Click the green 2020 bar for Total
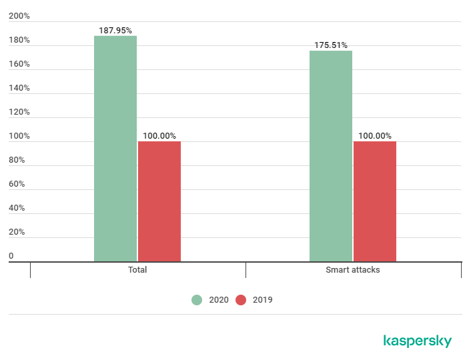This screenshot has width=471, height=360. click(x=115, y=148)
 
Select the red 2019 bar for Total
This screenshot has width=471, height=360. click(x=159, y=201)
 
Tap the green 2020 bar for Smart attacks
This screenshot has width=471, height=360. click(x=331, y=156)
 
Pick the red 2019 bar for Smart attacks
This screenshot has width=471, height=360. click(x=375, y=201)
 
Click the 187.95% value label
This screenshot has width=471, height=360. click(x=115, y=30)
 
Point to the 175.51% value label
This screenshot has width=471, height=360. click(x=331, y=45)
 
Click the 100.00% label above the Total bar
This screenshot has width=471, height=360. click(x=159, y=136)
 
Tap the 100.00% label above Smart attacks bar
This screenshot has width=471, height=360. click(x=375, y=136)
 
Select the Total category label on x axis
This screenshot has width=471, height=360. click(x=137, y=270)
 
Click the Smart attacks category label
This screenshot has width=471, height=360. click(x=353, y=270)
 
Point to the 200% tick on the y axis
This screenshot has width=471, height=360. click(x=19, y=16)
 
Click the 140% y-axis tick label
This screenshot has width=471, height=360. click(x=19, y=88)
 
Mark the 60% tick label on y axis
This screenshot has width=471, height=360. click(x=17, y=184)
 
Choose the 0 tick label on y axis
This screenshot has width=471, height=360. click(x=11, y=256)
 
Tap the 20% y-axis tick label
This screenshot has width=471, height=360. click(x=17, y=232)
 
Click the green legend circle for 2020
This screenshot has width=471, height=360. click(x=197, y=300)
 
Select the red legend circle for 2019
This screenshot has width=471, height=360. click(x=241, y=300)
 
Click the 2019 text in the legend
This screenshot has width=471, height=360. click(x=263, y=300)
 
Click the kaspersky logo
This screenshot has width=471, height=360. click(x=418, y=341)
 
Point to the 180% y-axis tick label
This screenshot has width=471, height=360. click(x=19, y=40)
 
